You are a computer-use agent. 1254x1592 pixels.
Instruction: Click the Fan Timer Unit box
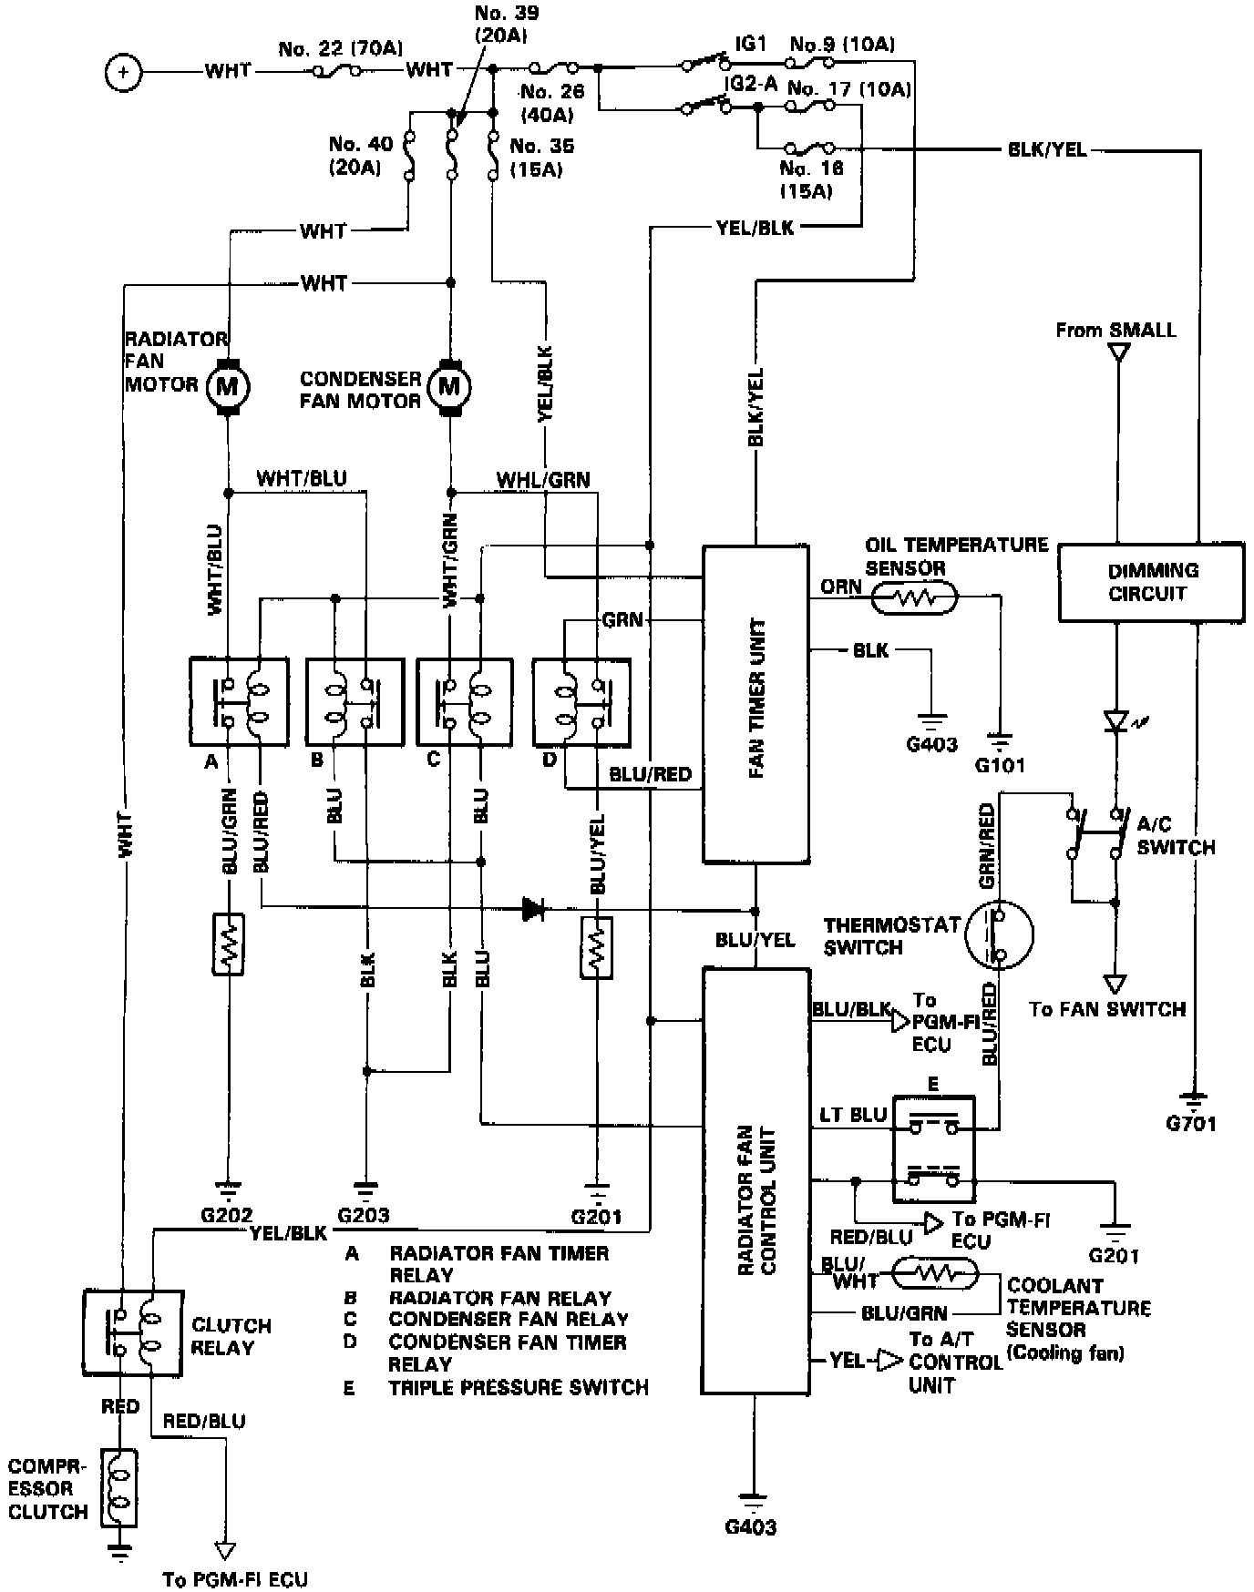pyautogui.click(x=755, y=703)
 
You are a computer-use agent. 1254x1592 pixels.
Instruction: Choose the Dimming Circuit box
pyautogui.click(x=1151, y=582)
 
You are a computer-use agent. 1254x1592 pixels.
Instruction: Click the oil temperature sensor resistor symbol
pyautogui.click(x=913, y=597)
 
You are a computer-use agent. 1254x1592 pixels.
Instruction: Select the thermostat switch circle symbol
pyautogui.click(x=1000, y=934)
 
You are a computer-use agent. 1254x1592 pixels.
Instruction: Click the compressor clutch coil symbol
pyautogui.click(x=121, y=1487)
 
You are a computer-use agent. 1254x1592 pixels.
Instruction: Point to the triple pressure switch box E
pyautogui.click(x=933, y=1149)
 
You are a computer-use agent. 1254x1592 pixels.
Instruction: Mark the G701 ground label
pyautogui.click(x=1191, y=1123)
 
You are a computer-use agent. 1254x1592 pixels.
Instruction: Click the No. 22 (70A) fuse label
pyautogui.click(x=341, y=48)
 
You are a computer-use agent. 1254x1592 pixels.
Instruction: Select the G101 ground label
pyautogui.click(x=1000, y=764)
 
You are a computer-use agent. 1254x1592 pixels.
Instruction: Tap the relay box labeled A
pyautogui.click(x=239, y=700)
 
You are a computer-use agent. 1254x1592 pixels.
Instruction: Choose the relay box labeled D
pyautogui.click(x=581, y=700)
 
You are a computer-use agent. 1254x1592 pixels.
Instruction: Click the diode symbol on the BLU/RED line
pyautogui.click(x=533, y=907)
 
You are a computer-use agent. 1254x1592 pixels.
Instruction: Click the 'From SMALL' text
pyautogui.click(x=1115, y=330)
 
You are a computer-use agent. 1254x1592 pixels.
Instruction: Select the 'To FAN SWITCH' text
pyautogui.click(x=1107, y=1009)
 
